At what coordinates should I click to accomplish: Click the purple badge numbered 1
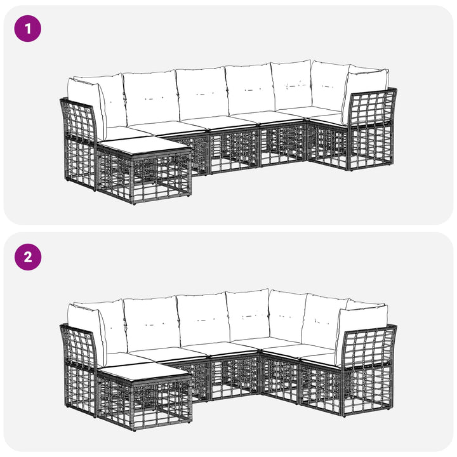point(28,29)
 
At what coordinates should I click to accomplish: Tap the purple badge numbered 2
point(28,257)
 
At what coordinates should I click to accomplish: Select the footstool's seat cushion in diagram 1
point(143,147)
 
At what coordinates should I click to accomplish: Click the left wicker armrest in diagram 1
point(78,120)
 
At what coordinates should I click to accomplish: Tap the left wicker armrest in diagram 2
point(78,347)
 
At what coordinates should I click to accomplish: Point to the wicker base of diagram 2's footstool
point(144,402)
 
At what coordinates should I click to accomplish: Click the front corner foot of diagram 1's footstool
point(134,204)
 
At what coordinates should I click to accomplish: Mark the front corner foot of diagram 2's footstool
point(134,430)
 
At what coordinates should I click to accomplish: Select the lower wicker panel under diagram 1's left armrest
point(79,163)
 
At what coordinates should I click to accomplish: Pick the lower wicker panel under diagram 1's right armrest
point(371,147)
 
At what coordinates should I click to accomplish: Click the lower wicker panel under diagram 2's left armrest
point(79,390)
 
